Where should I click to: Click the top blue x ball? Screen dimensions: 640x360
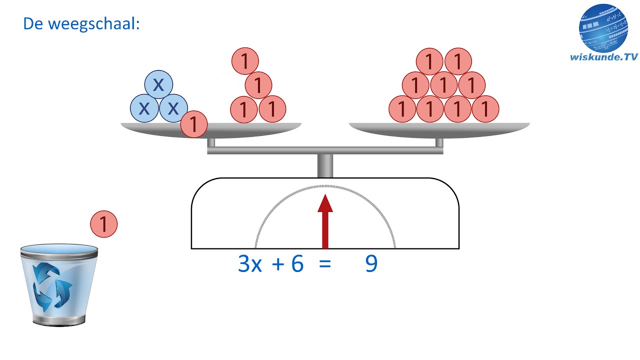tap(158, 84)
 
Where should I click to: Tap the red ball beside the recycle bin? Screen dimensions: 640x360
tap(103, 224)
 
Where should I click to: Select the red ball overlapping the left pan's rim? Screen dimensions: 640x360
tap(193, 124)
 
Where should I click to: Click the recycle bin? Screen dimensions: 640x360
tap(59, 285)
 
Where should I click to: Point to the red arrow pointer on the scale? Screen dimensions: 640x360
tap(325, 221)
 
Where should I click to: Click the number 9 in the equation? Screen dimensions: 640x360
tap(371, 263)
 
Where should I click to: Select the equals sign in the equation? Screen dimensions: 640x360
tap(325, 264)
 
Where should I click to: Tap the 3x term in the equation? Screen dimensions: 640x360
tap(249, 263)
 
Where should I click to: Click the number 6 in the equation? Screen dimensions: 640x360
tap(297, 263)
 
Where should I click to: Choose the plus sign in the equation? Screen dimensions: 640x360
tap(277, 264)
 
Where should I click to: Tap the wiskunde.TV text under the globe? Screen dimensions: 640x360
tap(603, 57)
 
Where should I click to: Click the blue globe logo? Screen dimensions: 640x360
tap(603, 28)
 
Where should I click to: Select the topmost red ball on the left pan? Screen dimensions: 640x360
tap(245, 61)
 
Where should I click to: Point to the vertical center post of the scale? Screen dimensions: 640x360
tap(325, 165)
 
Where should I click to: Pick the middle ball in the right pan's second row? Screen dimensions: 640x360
tap(443, 85)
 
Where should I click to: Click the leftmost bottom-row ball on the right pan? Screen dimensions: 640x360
tap(402, 109)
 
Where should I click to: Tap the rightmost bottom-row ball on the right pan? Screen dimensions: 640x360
tap(485, 109)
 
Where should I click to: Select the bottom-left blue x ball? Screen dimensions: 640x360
tap(144, 108)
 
